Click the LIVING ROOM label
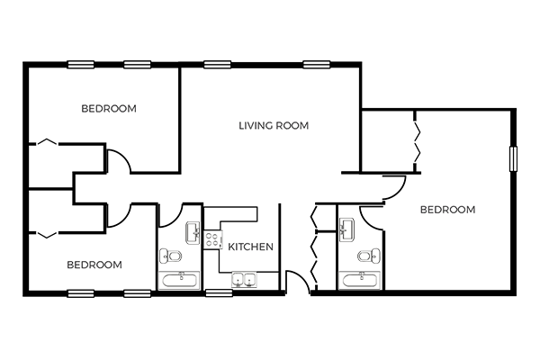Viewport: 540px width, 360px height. [274, 126]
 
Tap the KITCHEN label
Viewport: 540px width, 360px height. [251, 247]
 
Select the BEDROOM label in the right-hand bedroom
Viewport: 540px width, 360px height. [447, 210]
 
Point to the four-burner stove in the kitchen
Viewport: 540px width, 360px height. [212, 239]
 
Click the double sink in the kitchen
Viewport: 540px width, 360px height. [244, 279]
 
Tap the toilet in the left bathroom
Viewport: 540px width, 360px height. [170, 256]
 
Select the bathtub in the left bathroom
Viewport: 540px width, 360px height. [179, 281]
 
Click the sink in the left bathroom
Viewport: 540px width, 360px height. [193, 233]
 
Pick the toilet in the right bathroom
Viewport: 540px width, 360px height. [369, 256]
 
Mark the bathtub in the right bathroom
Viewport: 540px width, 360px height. [359, 281]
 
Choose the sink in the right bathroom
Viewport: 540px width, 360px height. [346, 229]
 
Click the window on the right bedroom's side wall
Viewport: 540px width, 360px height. [513, 158]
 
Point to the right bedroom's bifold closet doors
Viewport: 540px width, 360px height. [417, 141]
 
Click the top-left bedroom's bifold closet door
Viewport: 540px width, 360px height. [47, 141]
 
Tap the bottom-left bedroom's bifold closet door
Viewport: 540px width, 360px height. [47, 235]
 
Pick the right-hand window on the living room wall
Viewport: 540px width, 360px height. [317, 65]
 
